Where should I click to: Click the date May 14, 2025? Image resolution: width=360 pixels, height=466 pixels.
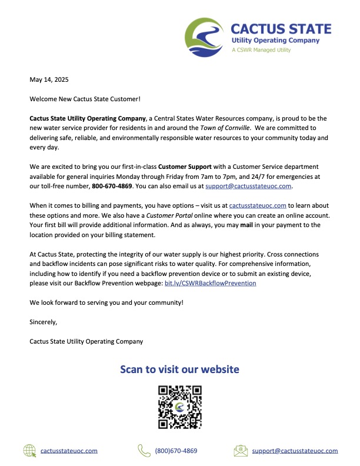click(x=49, y=79)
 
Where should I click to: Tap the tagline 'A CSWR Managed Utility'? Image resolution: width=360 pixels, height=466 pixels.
click(x=261, y=50)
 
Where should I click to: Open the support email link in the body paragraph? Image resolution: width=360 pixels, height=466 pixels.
click(x=248, y=185)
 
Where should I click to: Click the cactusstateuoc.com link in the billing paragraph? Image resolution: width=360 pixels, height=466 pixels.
click(x=258, y=205)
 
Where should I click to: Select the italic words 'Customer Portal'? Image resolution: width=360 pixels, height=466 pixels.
click(x=154, y=215)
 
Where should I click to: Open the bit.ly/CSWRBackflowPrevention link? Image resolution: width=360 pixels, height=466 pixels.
click(x=210, y=283)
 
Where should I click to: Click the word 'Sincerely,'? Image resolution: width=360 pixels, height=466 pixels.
click(x=44, y=322)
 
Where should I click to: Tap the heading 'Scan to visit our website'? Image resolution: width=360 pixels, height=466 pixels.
click(x=179, y=370)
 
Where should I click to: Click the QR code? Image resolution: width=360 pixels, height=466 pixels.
click(x=180, y=407)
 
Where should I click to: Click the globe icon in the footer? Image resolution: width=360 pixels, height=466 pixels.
click(x=29, y=451)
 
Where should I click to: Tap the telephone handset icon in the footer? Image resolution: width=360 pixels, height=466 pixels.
click(x=144, y=451)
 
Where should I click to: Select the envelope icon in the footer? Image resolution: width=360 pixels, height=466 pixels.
click(x=240, y=451)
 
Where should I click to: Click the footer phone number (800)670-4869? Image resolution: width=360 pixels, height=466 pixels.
click(x=176, y=451)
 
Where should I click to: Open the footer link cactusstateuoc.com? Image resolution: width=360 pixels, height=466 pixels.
click(x=69, y=451)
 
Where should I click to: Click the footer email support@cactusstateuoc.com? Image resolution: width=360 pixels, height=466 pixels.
click(x=295, y=451)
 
